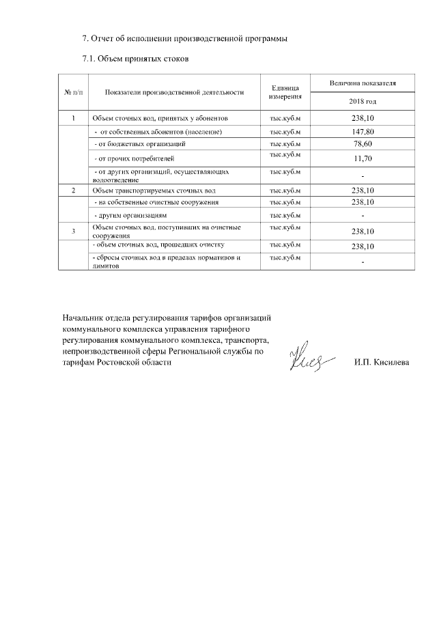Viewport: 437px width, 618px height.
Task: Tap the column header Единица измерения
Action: (x=285, y=92)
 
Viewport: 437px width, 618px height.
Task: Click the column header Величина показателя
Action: (x=363, y=83)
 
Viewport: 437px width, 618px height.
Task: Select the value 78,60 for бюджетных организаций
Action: (x=363, y=144)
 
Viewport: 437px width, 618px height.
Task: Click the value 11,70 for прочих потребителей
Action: (x=363, y=158)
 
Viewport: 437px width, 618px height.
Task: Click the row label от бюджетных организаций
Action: (x=140, y=144)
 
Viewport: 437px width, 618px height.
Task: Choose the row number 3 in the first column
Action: (x=73, y=231)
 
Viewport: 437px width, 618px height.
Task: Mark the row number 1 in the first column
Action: (x=73, y=119)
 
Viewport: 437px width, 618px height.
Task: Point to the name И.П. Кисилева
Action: (x=382, y=362)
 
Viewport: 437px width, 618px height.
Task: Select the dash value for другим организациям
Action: (x=363, y=216)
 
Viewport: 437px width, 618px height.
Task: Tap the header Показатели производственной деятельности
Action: (x=174, y=92)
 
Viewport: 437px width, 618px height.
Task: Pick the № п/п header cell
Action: (x=73, y=92)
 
